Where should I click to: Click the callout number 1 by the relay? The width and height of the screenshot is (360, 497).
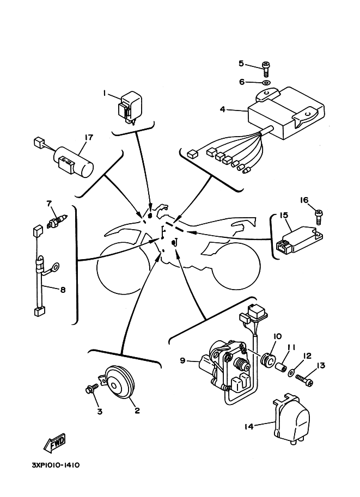(104, 93)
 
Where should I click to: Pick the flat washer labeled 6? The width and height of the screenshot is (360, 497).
(266, 83)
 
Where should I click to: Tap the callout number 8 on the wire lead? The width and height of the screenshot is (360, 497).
(63, 290)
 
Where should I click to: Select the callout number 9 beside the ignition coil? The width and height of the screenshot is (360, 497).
(184, 359)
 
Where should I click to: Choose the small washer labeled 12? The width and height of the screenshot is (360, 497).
(294, 374)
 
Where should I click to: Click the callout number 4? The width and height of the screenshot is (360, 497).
(222, 109)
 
